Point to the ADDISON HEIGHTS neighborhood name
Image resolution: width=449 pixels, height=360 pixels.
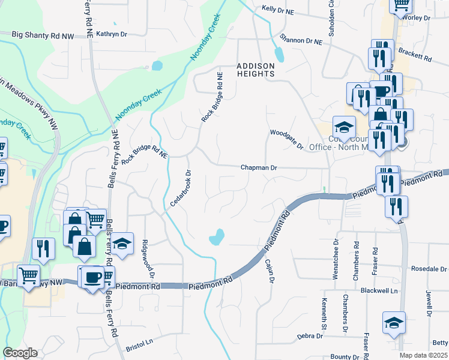(255, 70)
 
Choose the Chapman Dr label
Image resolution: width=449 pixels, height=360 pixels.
(259, 168)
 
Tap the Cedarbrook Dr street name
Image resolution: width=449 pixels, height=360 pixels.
(180, 188)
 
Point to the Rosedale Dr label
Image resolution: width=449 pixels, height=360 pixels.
(429, 269)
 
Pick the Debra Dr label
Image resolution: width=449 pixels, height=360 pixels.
(310, 337)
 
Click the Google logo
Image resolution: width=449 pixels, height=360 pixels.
(20, 353)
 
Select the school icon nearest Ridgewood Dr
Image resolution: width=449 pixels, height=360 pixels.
(122, 244)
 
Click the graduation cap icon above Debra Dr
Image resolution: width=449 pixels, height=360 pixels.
(394, 322)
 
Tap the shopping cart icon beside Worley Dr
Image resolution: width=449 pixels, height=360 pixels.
(400, 5)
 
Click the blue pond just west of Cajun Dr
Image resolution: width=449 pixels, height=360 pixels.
(217, 238)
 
